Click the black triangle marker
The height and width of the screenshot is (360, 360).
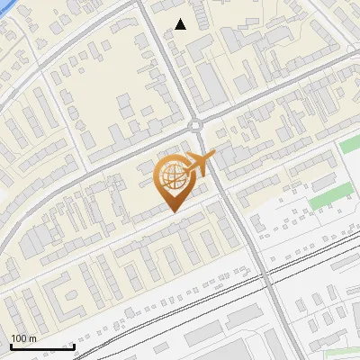coord(181,24)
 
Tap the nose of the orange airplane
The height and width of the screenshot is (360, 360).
coord(215,156)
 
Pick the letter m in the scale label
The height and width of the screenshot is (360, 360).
coord(33,338)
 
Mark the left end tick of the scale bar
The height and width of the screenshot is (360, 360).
coord(11,346)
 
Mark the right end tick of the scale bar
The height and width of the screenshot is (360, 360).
coord(74,346)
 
